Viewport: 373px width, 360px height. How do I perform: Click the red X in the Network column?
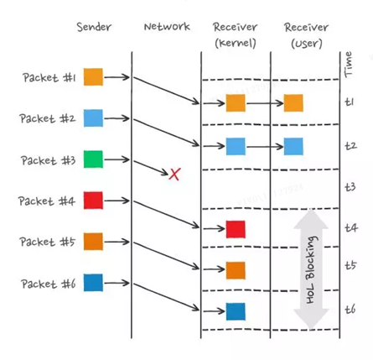pos(174,175)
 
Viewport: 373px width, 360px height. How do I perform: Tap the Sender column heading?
pos(94,27)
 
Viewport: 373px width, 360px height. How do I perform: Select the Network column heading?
pos(167,27)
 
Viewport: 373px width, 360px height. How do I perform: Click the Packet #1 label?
pos(49,77)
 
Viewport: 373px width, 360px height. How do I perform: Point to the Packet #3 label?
pos(49,160)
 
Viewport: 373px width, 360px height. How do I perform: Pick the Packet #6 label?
pos(49,284)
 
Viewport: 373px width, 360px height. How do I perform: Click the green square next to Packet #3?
pos(93,159)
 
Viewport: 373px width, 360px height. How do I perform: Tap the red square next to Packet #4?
pos(93,201)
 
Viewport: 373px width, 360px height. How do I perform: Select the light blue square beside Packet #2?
pos(93,118)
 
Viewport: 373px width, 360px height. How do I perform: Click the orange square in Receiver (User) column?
pos(293,103)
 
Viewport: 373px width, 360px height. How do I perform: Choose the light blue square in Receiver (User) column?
pos(293,146)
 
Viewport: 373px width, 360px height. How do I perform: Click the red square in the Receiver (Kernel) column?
pos(236,229)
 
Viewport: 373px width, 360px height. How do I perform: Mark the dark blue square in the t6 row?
pos(236,311)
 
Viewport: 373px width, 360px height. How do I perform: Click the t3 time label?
pos(350,187)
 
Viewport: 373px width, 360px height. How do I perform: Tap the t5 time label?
pos(350,265)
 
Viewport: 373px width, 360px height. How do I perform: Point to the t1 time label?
pos(350,102)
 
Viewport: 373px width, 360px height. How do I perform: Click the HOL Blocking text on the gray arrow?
pos(311,270)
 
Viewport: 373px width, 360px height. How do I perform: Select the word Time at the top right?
pos(348,65)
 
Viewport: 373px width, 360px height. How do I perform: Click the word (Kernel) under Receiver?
pos(236,43)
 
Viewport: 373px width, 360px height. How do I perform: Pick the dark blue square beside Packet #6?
pos(93,283)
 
